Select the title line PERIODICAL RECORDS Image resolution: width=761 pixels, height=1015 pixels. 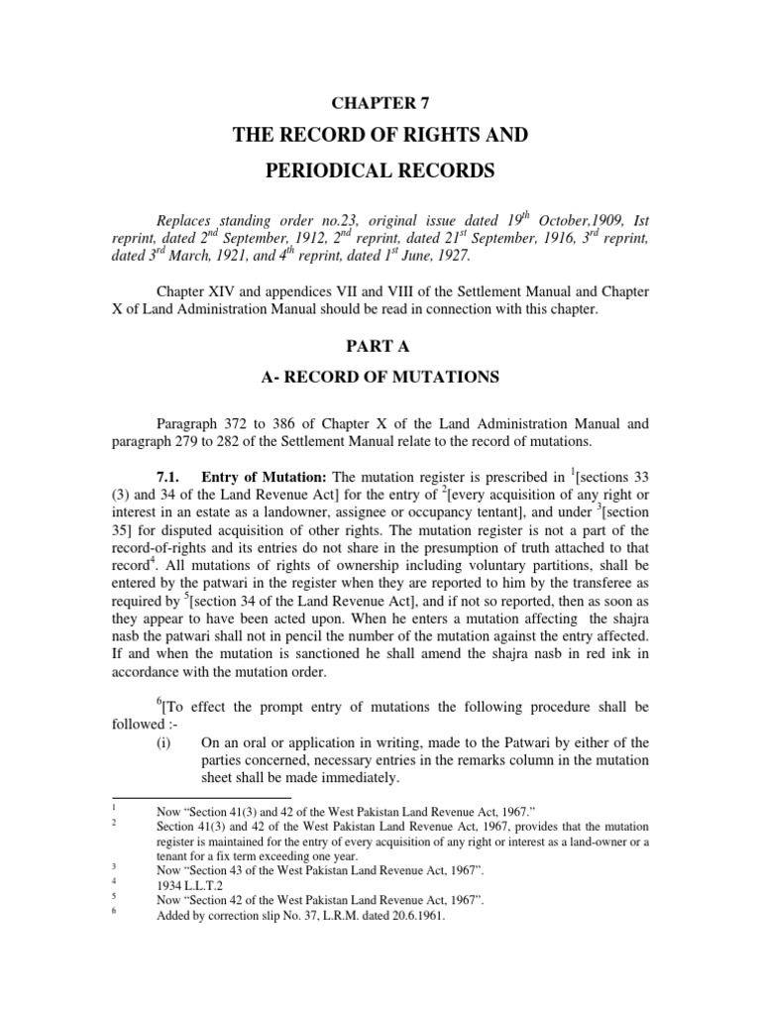click(x=380, y=170)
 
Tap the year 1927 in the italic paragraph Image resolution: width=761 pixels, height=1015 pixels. click(x=454, y=256)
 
